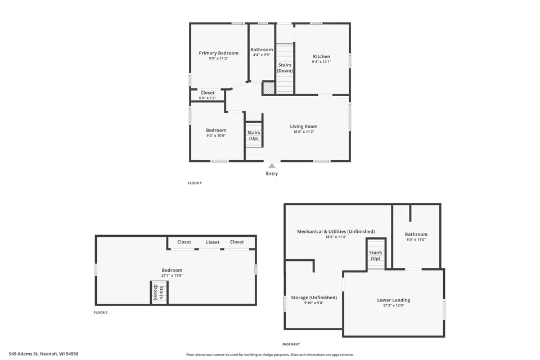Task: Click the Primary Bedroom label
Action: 218,53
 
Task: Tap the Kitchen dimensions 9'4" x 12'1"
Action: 321,62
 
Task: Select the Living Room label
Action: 303,127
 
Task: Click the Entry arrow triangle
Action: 272,166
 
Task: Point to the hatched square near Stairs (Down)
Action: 268,88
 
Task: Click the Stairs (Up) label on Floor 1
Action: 254,136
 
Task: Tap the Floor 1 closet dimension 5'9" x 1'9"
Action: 208,98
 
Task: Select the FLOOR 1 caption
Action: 195,183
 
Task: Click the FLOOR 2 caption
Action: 101,312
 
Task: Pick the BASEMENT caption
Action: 291,344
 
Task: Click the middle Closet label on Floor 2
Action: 212,242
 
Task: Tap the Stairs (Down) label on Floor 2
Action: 159,293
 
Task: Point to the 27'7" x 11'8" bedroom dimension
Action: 172,275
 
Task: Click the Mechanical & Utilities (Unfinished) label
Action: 336,232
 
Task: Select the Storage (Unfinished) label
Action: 314,298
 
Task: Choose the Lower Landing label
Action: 394,300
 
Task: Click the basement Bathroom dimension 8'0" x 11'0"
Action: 416,240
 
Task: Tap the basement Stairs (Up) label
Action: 375,255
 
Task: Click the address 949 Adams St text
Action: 24,354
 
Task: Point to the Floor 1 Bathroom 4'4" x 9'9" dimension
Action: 262,55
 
